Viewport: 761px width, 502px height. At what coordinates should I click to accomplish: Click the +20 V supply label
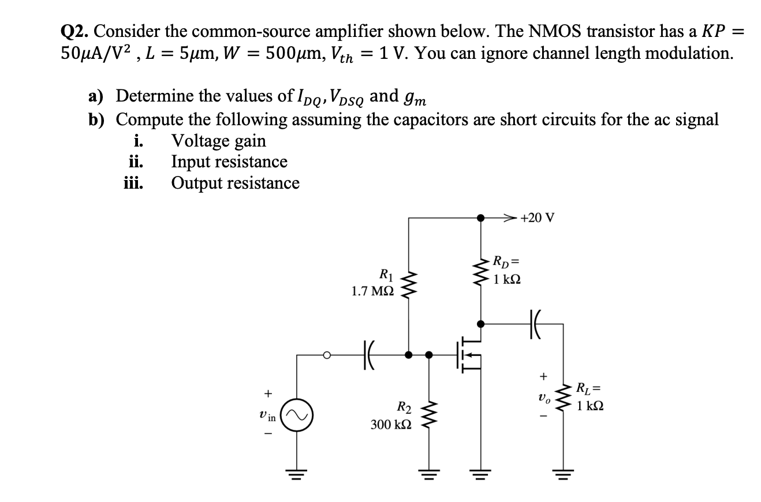[x=537, y=218]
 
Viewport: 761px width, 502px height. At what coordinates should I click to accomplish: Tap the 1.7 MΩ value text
[x=373, y=292]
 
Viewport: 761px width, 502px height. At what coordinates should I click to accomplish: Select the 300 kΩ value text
[x=391, y=425]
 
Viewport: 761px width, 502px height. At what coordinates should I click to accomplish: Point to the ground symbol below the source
[x=480, y=472]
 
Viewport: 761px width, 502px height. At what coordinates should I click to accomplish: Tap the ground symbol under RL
[x=562, y=472]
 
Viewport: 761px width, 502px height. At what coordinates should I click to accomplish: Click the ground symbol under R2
[x=428, y=472]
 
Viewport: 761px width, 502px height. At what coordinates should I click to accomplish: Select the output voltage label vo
[x=542, y=399]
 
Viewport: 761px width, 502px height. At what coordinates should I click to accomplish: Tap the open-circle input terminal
[x=326, y=355]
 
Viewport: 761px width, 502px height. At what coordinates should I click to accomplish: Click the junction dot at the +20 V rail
[x=480, y=218]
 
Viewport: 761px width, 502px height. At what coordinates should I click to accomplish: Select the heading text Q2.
[x=73, y=32]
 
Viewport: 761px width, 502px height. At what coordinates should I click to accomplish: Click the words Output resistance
[x=235, y=183]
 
